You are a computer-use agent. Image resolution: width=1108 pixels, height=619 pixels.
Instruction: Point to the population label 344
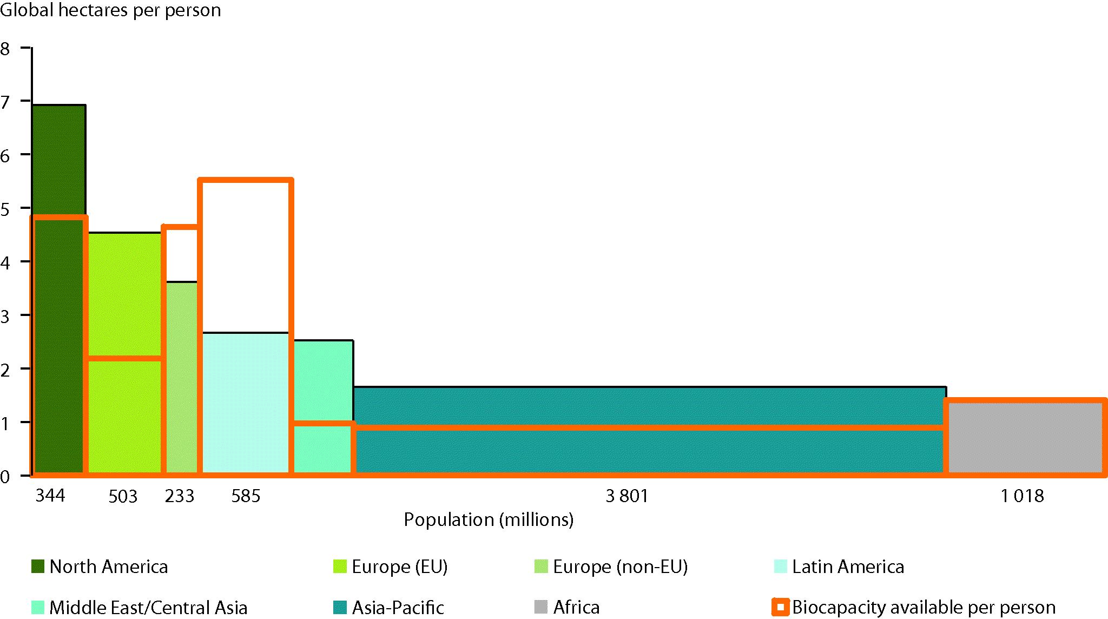50,495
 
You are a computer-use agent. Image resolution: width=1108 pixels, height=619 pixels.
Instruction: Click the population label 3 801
626,496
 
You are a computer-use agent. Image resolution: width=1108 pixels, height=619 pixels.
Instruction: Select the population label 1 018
1022,496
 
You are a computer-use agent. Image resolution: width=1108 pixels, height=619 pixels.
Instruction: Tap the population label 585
246,496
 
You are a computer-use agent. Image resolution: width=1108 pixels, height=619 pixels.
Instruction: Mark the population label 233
179,496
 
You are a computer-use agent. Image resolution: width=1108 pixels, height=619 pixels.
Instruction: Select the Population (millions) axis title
489,519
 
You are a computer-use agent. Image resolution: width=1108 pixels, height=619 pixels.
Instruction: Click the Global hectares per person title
111,10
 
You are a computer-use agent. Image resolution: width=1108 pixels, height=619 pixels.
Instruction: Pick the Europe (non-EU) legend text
620,567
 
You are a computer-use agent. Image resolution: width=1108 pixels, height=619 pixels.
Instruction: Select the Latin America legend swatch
780,567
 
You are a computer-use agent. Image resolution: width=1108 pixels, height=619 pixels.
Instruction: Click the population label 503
123,496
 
